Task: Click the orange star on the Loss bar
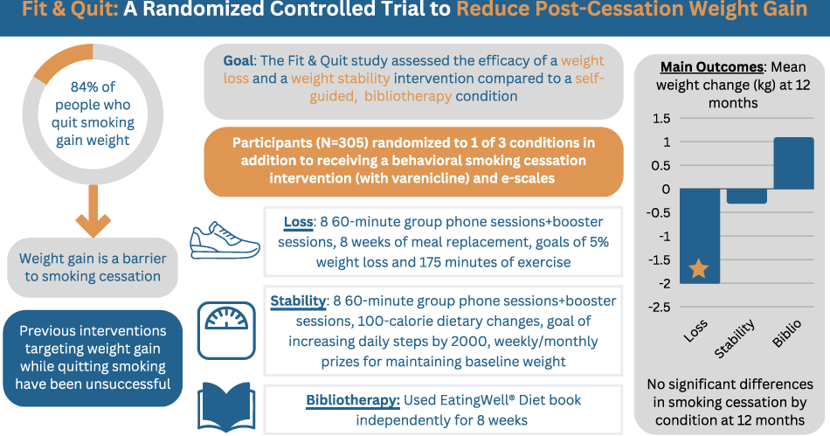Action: pos(699,269)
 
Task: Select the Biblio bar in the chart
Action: pos(793,163)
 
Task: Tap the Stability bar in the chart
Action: pos(746,197)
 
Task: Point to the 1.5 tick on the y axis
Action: pos(661,118)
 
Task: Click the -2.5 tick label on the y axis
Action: pos(660,307)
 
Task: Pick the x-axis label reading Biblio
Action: pos(786,334)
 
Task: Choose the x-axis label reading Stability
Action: pos(734,339)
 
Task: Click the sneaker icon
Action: pos(225,241)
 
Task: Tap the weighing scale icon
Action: pos(226,330)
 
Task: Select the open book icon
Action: pos(226,407)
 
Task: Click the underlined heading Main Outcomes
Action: pos(712,67)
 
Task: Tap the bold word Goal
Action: pos(239,61)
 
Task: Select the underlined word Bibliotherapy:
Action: pos(353,400)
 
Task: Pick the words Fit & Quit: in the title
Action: pos(71,9)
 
